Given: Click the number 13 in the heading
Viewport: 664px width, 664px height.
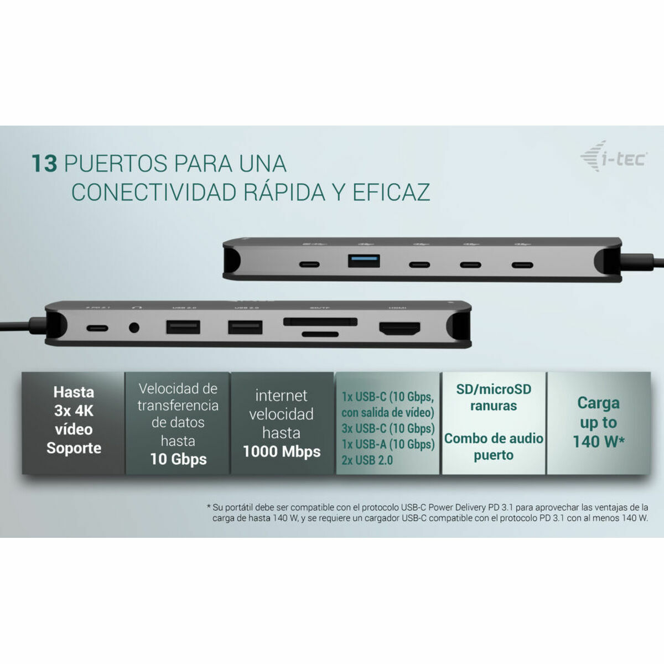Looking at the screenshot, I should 44,164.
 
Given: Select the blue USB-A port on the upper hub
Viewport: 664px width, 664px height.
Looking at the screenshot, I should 364,260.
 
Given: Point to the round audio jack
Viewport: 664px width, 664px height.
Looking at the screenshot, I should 134,328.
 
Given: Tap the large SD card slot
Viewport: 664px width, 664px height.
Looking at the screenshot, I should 320,321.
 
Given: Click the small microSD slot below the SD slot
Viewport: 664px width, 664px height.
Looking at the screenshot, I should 320,334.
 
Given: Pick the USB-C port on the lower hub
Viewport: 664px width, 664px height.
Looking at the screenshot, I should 97,328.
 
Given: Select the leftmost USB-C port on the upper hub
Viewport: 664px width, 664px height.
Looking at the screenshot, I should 309,264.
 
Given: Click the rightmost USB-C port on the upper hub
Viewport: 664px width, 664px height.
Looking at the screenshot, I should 522,264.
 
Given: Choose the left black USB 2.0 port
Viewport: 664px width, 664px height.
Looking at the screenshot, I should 183,327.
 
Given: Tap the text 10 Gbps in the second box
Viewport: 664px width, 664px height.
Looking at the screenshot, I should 178,459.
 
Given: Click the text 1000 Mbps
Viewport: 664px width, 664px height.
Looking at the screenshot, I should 282,452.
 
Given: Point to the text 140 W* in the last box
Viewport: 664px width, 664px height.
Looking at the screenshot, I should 598,442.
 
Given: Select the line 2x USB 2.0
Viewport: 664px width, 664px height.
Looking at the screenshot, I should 367,460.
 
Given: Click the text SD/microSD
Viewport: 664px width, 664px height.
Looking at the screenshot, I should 494,389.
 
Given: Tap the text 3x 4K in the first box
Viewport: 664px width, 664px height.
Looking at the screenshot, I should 74,411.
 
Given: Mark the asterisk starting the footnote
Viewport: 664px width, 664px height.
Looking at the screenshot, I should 209,506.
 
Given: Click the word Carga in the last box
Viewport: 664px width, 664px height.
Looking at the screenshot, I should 598,403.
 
